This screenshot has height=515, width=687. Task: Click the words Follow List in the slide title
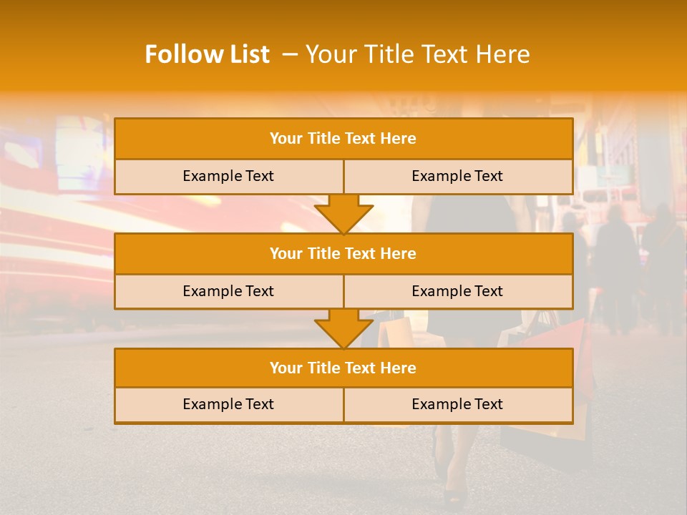(x=207, y=54)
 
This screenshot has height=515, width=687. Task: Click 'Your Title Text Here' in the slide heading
(x=417, y=54)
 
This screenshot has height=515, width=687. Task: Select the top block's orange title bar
(x=343, y=139)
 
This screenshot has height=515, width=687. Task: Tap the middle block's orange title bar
(x=343, y=253)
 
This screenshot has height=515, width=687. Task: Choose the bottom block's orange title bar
(x=343, y=368)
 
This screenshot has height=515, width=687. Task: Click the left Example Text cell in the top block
(x=228, y=176)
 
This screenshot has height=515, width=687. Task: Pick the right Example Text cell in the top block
(x=457, y=176)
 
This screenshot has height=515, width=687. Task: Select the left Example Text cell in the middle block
(x=228, y=291)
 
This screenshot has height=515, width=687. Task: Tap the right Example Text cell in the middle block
(x=457, y=291)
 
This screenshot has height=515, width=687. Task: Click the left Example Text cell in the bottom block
(x=228, y=404)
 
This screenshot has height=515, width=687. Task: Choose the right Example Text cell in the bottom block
(x=457, y=404)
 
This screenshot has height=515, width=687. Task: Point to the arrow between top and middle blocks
(x=343, y=214)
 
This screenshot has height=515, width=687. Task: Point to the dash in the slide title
(x=290, y=54)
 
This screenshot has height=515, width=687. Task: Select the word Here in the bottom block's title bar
(x=398, y=368)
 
